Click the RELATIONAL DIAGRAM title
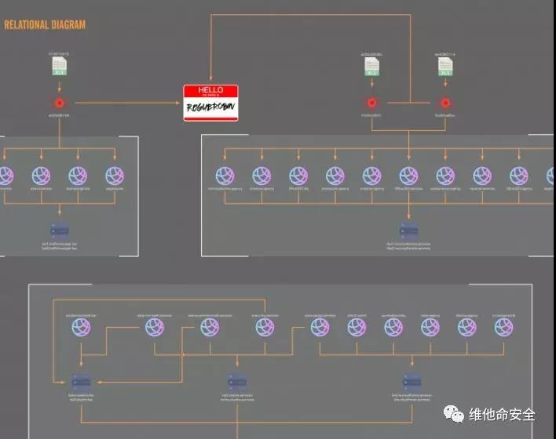tap(45, 25)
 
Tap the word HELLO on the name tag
tap(210, 90)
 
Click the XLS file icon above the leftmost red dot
tap(60, 67)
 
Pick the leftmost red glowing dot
tap(60, 103)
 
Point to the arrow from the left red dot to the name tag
tap(126, 103)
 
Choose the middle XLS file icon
tap(372, 67)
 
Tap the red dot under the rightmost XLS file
tap(446, 103)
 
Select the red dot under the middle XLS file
tap(372, 103)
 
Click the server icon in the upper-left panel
tap(60, 230)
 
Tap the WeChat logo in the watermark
tap(452, 413)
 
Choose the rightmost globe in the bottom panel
tap(503, 328)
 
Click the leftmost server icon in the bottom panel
tap(81, 382)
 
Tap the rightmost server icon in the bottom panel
tap(411, 382)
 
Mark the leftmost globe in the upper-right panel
tap(225, 176)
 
